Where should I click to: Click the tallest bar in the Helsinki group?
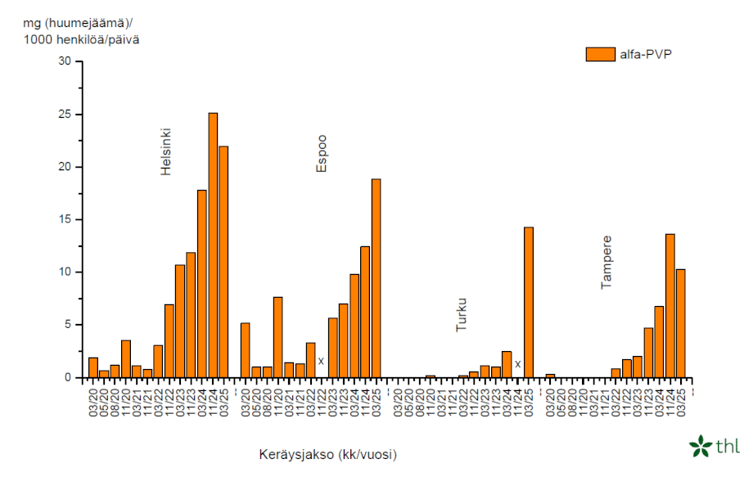[x=213, y=245]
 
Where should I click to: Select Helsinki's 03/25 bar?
[x=223, y=262]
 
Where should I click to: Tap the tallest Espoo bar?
[x=376, y=278]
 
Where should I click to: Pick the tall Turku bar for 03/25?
[x=529, y=303]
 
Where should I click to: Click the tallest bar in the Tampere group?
[x=670, y=306]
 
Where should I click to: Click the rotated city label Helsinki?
[x=165, y=151]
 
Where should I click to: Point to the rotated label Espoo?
[x=321, y=153]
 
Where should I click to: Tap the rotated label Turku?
[x=462, y=314]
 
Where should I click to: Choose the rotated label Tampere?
[x=606, y=262]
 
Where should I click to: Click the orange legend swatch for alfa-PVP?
[x=600, y=54]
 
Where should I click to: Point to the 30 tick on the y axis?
[x=65, y=61]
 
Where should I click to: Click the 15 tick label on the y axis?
[x=65, y=219]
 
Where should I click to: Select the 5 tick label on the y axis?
[x=69, y=325]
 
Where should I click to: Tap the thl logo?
[x=714, y=446]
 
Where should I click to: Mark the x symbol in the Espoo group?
[x=321, y=361]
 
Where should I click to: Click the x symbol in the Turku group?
[x=517, y=363]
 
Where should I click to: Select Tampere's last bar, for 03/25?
[x=681, y=323]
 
